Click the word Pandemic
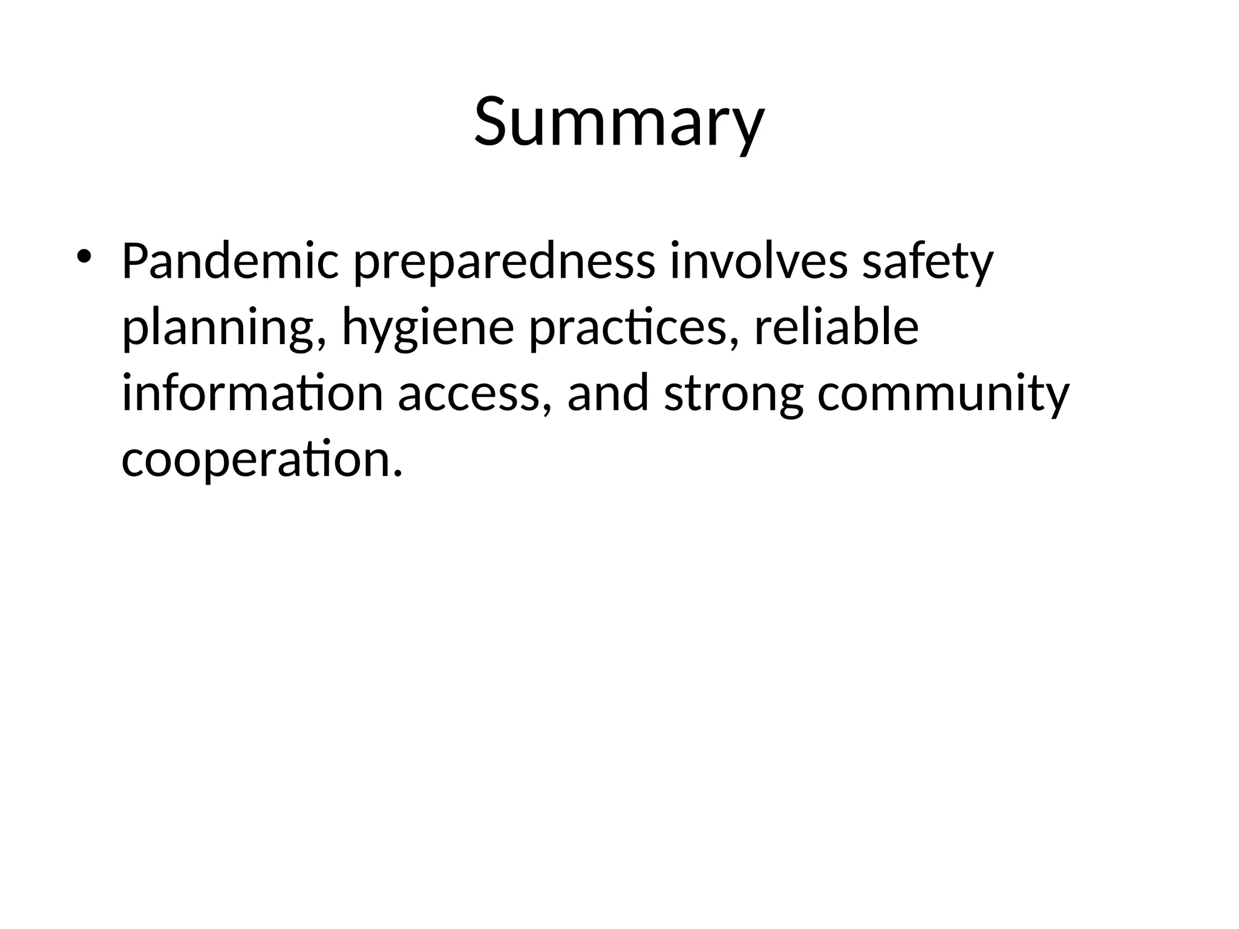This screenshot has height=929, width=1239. [230, 261]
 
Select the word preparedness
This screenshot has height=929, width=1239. [503, 261]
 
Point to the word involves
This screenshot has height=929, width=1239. [759, 261]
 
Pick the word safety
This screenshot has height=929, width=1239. [927, 261]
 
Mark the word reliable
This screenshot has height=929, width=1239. [836, 327]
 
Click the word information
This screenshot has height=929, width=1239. [252, 393]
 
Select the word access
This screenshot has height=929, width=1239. [467, 393]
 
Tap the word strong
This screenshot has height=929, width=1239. [733, 393]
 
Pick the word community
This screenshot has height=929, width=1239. [943, 393]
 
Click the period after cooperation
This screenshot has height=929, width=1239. [397, 472]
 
